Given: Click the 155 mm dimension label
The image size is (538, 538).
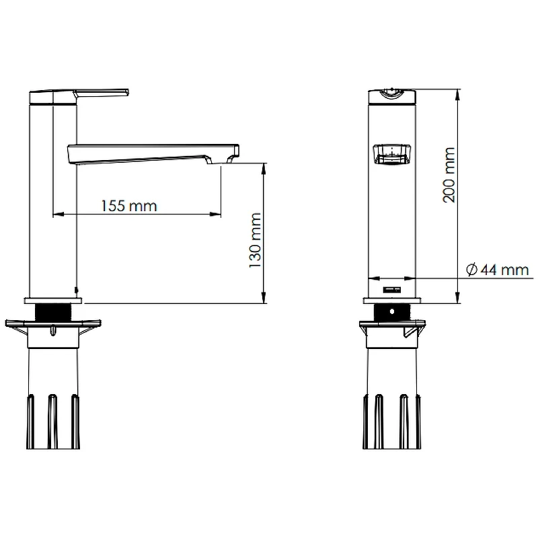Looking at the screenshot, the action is point(129,206).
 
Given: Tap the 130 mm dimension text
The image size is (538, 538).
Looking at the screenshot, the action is point(256,241).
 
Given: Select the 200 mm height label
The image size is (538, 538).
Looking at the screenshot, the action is point(449,175).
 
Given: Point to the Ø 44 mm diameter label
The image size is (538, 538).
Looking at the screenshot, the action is point(498,270).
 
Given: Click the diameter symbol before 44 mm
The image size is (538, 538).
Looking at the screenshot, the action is point(472,270).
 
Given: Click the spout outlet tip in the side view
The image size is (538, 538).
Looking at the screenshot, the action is point(237,151).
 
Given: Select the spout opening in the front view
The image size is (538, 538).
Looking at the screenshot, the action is point(392,155).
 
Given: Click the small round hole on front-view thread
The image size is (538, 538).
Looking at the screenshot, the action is point(392,312).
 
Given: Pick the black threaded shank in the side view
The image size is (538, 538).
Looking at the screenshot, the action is point(53,312).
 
